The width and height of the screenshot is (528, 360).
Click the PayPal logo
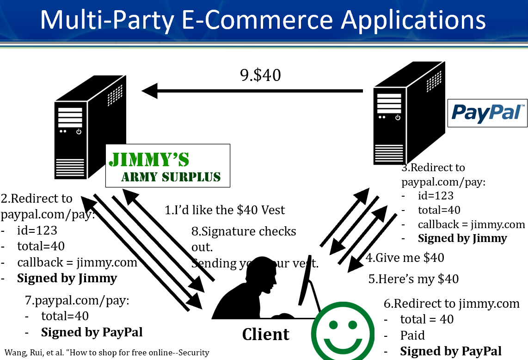(487, 113)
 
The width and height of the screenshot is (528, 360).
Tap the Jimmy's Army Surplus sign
(168, 166)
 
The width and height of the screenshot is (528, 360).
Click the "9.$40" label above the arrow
(261, 75)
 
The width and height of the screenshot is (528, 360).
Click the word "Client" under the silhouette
(266, 334)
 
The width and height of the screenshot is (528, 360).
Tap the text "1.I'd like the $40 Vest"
(225, 210)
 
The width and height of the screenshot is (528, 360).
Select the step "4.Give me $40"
(405, 257)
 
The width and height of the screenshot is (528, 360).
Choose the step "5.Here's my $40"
(413, 279)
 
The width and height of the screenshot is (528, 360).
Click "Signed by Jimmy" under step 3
(462, 238)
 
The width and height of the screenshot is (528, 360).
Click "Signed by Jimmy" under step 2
(67, 278)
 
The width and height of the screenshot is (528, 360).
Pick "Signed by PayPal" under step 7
(92, 332)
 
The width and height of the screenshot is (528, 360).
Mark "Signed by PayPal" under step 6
(451, 351)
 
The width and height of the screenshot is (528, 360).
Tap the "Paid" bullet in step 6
(412, 335)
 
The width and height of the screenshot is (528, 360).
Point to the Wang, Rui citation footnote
(107, 352)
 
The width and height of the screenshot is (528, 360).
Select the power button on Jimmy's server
(79, 131)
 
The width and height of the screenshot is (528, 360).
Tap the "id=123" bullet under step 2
(37, 230)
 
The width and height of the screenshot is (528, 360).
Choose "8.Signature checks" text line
(244, 231)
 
